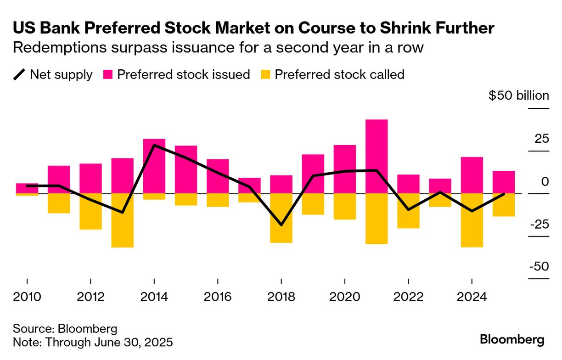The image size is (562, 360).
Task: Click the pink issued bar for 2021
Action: point(377,156)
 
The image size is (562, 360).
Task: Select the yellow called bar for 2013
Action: point(122,220)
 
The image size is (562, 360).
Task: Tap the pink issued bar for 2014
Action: point(154,166)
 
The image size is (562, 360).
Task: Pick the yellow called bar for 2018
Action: point(281,218)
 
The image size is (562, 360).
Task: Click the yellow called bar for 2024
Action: point(472,220)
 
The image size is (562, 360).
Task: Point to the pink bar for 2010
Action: point(27,188)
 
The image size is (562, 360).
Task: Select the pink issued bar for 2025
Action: point(504,182)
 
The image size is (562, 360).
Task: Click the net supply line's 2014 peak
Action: point(153,145)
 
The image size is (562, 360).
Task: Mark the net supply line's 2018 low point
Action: point(281,225)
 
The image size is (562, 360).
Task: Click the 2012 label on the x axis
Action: point(91,297)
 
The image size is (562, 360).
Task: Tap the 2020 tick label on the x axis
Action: point(345,297)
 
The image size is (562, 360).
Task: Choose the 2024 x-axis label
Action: point(472,297)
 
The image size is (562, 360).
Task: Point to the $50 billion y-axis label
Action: point(518,96)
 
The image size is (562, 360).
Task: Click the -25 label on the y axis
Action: point(539,225)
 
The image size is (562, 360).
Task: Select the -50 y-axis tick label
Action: point(539,267)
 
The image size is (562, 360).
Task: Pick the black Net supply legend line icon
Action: point(19,75)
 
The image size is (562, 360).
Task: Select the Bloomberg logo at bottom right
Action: point(512,340)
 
